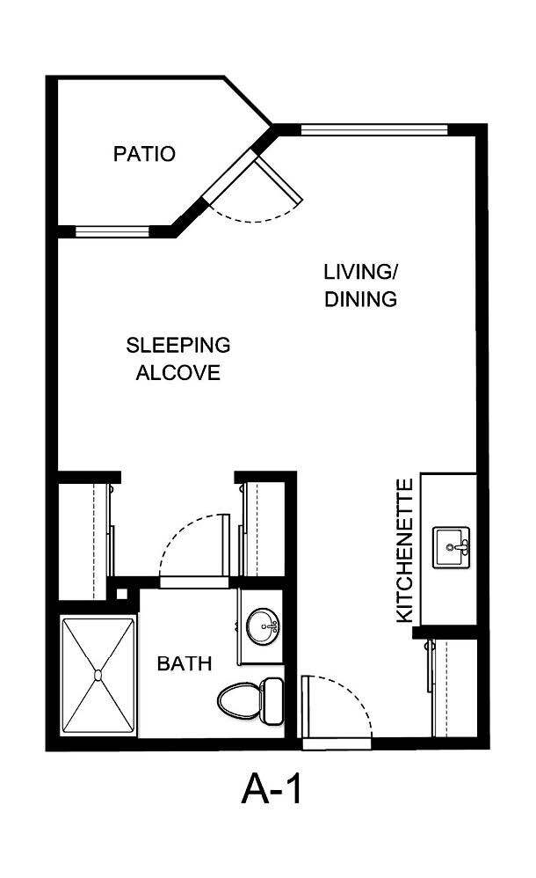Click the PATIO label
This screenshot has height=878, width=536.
coord(144,154)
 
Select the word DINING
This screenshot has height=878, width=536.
coord(360,299)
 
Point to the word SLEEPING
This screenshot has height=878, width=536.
coord(177,344)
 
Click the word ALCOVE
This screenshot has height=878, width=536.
coord(177,373)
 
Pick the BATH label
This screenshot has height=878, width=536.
coord(185,663)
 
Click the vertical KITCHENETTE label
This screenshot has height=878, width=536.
coord(404,551)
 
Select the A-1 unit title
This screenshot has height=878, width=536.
coord(272,789)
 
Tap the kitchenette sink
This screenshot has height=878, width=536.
coord(453,547)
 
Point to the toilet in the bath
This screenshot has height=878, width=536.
coord(250,699)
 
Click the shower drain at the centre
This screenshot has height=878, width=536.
coord(98,676)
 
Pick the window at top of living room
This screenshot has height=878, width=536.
coord(374,130)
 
